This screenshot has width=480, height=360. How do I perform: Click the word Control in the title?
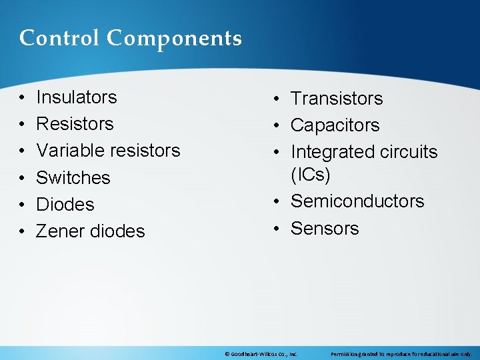point(60,38)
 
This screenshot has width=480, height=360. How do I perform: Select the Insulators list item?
point(76,97)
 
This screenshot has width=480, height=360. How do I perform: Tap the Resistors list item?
point(75,124)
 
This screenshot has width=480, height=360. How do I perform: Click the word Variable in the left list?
point(67,151)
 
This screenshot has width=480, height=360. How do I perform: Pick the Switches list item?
point(73,178)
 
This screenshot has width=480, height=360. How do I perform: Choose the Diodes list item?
point(65,205)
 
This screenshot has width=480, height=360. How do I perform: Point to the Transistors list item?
point(337,99)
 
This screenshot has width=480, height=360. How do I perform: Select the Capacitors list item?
point(335,125)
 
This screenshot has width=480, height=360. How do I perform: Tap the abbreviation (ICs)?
point(310,175)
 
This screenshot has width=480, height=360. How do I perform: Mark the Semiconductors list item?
point(357,201)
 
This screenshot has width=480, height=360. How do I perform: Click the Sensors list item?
point(325,229)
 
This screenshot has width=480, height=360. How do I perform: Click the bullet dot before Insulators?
point(22,98)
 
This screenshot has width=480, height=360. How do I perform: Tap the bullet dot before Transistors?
point(277,99)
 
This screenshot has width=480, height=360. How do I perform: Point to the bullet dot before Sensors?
point(277,229)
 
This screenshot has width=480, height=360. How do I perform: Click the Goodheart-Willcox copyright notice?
point(261,354)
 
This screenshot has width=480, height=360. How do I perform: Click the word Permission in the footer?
point(344,354)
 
